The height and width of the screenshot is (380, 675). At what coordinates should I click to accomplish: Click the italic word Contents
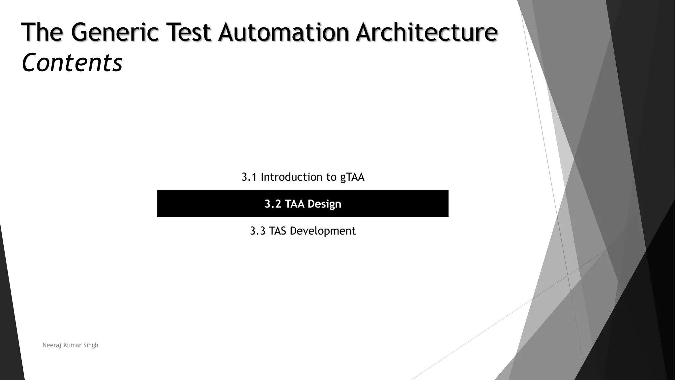(72, 63)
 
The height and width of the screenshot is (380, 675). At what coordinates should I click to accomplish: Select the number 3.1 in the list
(249, 177)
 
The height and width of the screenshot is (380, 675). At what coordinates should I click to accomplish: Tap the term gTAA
(352, 177)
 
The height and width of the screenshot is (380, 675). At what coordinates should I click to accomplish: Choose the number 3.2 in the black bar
(273, 204)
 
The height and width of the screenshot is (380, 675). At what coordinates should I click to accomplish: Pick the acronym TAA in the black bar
(294, 204)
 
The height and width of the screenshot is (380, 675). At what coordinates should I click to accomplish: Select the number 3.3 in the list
(257, 231)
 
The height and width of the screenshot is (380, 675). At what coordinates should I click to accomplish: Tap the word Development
(323, 231)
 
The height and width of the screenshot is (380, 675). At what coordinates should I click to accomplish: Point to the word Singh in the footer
(91, 345)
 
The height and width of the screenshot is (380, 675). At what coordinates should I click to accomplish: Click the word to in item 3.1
(332, 177)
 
